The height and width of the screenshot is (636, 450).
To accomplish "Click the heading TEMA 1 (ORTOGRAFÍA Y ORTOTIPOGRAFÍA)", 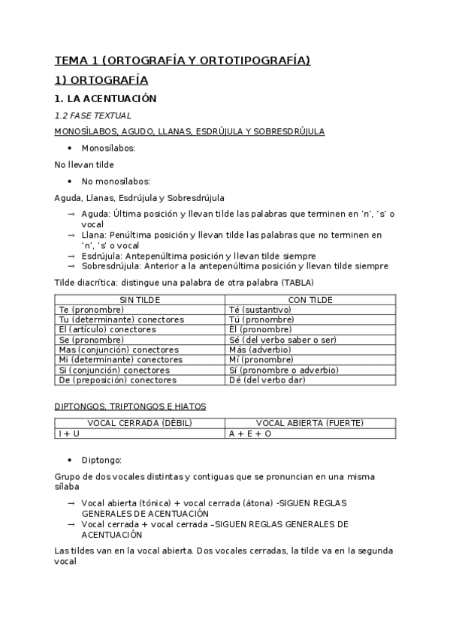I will [183, 61].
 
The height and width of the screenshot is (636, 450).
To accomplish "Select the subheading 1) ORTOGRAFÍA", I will [101, 79].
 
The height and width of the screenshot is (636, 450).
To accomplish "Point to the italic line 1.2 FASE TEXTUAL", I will [93, 115].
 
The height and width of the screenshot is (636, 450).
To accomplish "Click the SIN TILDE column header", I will [140, 299].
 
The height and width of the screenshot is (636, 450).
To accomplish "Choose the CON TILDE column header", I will [310, 299].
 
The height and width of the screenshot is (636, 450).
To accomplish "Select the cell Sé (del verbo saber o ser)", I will [282, 340].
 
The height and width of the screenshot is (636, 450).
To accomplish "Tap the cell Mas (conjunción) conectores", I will [118, 349].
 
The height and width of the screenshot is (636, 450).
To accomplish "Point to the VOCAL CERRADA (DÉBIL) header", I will [140, 423].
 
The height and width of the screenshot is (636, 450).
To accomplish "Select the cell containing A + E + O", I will [250, 433].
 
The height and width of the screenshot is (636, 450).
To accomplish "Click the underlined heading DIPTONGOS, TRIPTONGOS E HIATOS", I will [130, 406].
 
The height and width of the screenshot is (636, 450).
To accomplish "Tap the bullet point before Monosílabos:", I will [69, 148].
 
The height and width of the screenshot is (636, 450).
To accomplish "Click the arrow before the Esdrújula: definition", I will [71, 256].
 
